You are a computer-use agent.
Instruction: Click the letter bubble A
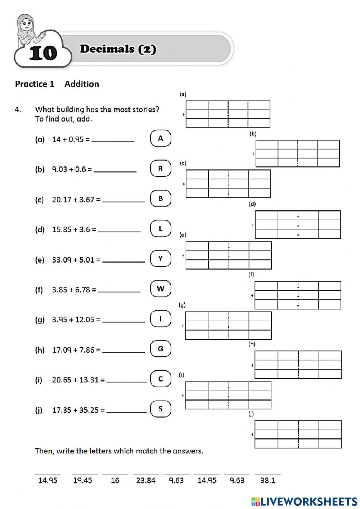[161, 139]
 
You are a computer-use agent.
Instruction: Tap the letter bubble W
[161, 289]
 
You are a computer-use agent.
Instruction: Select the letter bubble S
[161, 409]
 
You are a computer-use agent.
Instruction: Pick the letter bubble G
[161, 349]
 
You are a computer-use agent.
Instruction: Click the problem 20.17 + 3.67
[76, 199]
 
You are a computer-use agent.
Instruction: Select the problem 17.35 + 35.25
[78, 410]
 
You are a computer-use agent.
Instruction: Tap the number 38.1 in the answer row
[267, 480]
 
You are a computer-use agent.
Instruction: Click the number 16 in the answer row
[115, 480]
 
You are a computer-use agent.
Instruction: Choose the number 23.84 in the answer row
[145, 480]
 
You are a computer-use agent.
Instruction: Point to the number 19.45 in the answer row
[82, 480]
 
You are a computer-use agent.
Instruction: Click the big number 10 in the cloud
[43, 53]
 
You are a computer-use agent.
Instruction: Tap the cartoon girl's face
[26, 26]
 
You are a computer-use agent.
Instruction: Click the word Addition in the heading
[82, 84]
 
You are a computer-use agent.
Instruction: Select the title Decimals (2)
[118, 49]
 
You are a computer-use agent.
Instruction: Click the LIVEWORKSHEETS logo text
[309, 501]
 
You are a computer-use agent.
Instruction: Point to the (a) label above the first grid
[183, 94]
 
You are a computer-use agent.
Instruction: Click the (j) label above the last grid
[251, 414]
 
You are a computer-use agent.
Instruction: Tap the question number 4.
[18, 110]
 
